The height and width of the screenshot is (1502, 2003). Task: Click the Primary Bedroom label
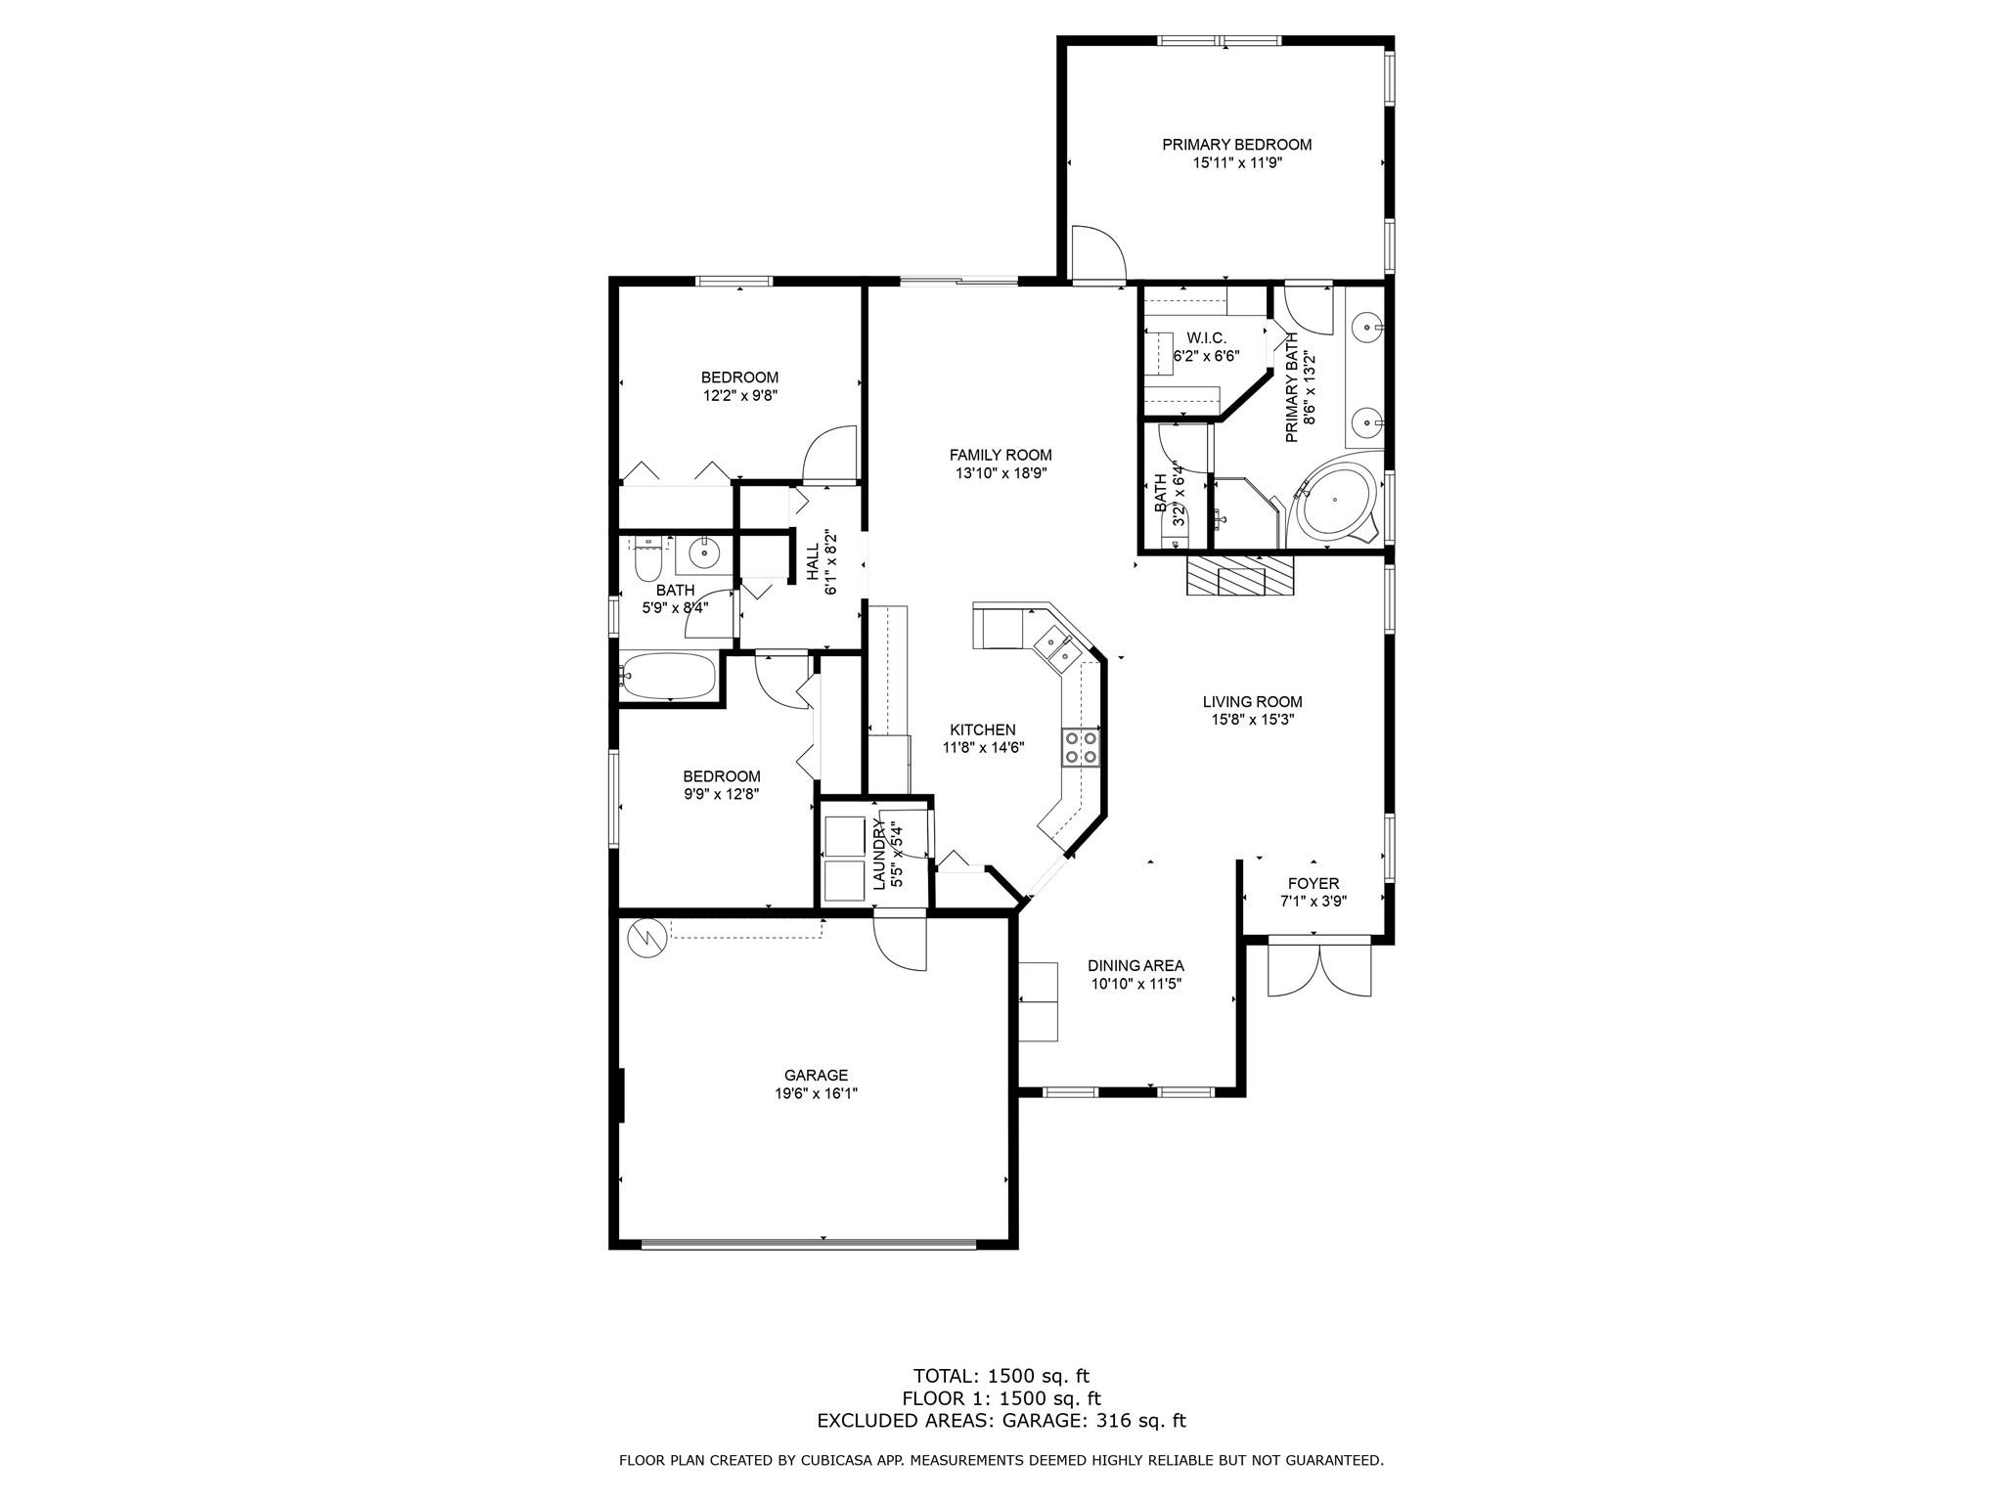pyautogui.click(x=1236, y=145)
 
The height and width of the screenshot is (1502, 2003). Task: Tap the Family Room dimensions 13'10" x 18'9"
pyautogui.click(x=1001, y=473)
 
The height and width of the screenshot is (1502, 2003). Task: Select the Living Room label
pyautogui.click(x=1252, y=701)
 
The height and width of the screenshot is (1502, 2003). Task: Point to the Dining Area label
pyautogui.click(x=1135, y=965)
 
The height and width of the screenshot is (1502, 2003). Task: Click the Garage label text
pyautogui.click(x=816, y=1075)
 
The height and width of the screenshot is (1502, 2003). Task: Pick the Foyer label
pyautogui.click(x=1313, y=883)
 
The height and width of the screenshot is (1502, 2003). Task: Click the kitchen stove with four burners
pyautogui.click(x=1080, y=747)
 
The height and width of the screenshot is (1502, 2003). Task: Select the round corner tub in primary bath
pyautogui.click(x=1335, y=500)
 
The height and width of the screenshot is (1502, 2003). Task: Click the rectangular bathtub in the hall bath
pyautogui.click(x=669, y=676)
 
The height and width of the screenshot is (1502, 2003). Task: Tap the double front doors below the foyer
pyautogui.click(x=1319, y=967)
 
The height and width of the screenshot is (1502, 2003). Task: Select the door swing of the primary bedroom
pyautogui.click(x=1098, y=253)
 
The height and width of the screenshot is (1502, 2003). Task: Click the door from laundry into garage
pyautogui.click(x=899, y=940)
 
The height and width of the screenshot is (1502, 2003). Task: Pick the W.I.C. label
pyautogui.click(x=1206, y=337)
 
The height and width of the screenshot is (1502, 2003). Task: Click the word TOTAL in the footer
pyautogui.click(x=943, y=1376)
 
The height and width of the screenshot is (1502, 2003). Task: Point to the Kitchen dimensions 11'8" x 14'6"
pyautogui.click(x=983, y=748)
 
